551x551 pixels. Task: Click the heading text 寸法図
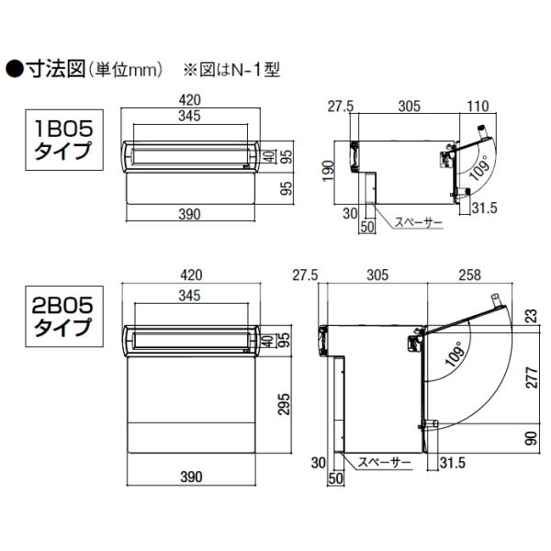(56, 67)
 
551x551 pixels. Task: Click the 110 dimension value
(477, 106)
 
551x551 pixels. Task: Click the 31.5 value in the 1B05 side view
(483, 208)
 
